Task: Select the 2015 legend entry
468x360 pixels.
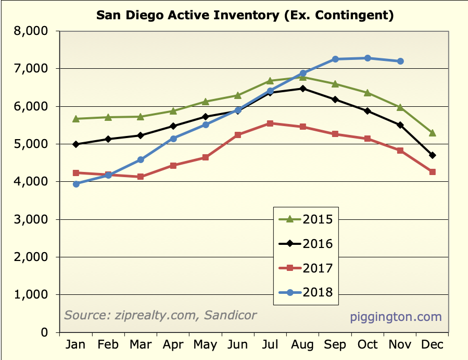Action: pyautogui.click(x=305, y=219)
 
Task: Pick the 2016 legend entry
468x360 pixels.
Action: pyautogui.click(x=305, y=243)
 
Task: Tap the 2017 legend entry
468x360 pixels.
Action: pyautogui.click(x=305, y=268)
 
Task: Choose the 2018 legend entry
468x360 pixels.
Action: pyautogui.click(x=305, y=292)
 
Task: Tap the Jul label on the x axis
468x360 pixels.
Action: pyautogui.click(x=270, y=345)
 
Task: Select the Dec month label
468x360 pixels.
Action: pyautogui.click(x=432, y=345)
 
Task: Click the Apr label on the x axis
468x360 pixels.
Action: pyautogui.click(x=173, y=345)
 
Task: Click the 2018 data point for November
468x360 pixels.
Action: pyautogui.click(x=400, y=61)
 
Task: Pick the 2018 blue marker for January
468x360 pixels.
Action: pyautogui.click(x=76, y=184)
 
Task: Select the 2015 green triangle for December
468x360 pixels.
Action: pyautogui.click(x=433, y=133)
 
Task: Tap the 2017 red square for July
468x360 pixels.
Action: pyautogui.click(x=270, y=123)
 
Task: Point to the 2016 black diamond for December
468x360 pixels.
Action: pyautogui.click(x=433, y=155)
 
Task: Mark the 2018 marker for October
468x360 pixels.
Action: pyautogui.click(x=368, y=58)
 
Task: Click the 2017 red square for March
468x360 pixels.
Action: pyautogui.click(x=141, y=177)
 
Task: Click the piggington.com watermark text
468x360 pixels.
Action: pyautogui.click(x=396, y=317)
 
